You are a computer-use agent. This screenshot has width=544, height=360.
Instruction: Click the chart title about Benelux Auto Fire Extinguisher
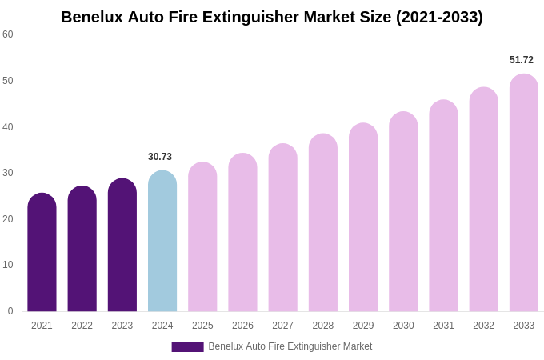click(272, 17)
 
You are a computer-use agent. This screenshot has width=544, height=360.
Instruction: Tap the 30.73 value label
click(160, 157)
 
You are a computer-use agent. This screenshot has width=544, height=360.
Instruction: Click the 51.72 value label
click(522, 60)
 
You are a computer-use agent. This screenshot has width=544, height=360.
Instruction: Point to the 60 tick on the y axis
click(8, 34)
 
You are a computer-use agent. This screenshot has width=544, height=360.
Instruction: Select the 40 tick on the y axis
click(8, 127)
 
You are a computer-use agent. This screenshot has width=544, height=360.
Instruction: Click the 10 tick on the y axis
click(8, 265)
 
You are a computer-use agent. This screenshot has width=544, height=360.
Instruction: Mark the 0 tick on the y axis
click(10, 311)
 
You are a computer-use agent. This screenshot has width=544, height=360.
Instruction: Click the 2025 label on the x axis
click(202, 326)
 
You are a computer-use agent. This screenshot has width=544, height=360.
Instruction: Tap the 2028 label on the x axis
click(323, 326)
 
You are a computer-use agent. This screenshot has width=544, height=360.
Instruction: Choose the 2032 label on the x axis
click(483, 326)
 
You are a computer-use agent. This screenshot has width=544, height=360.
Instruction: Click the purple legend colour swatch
click(187, 347)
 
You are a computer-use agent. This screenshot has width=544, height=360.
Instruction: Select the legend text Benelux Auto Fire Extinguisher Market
click(290, 346)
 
